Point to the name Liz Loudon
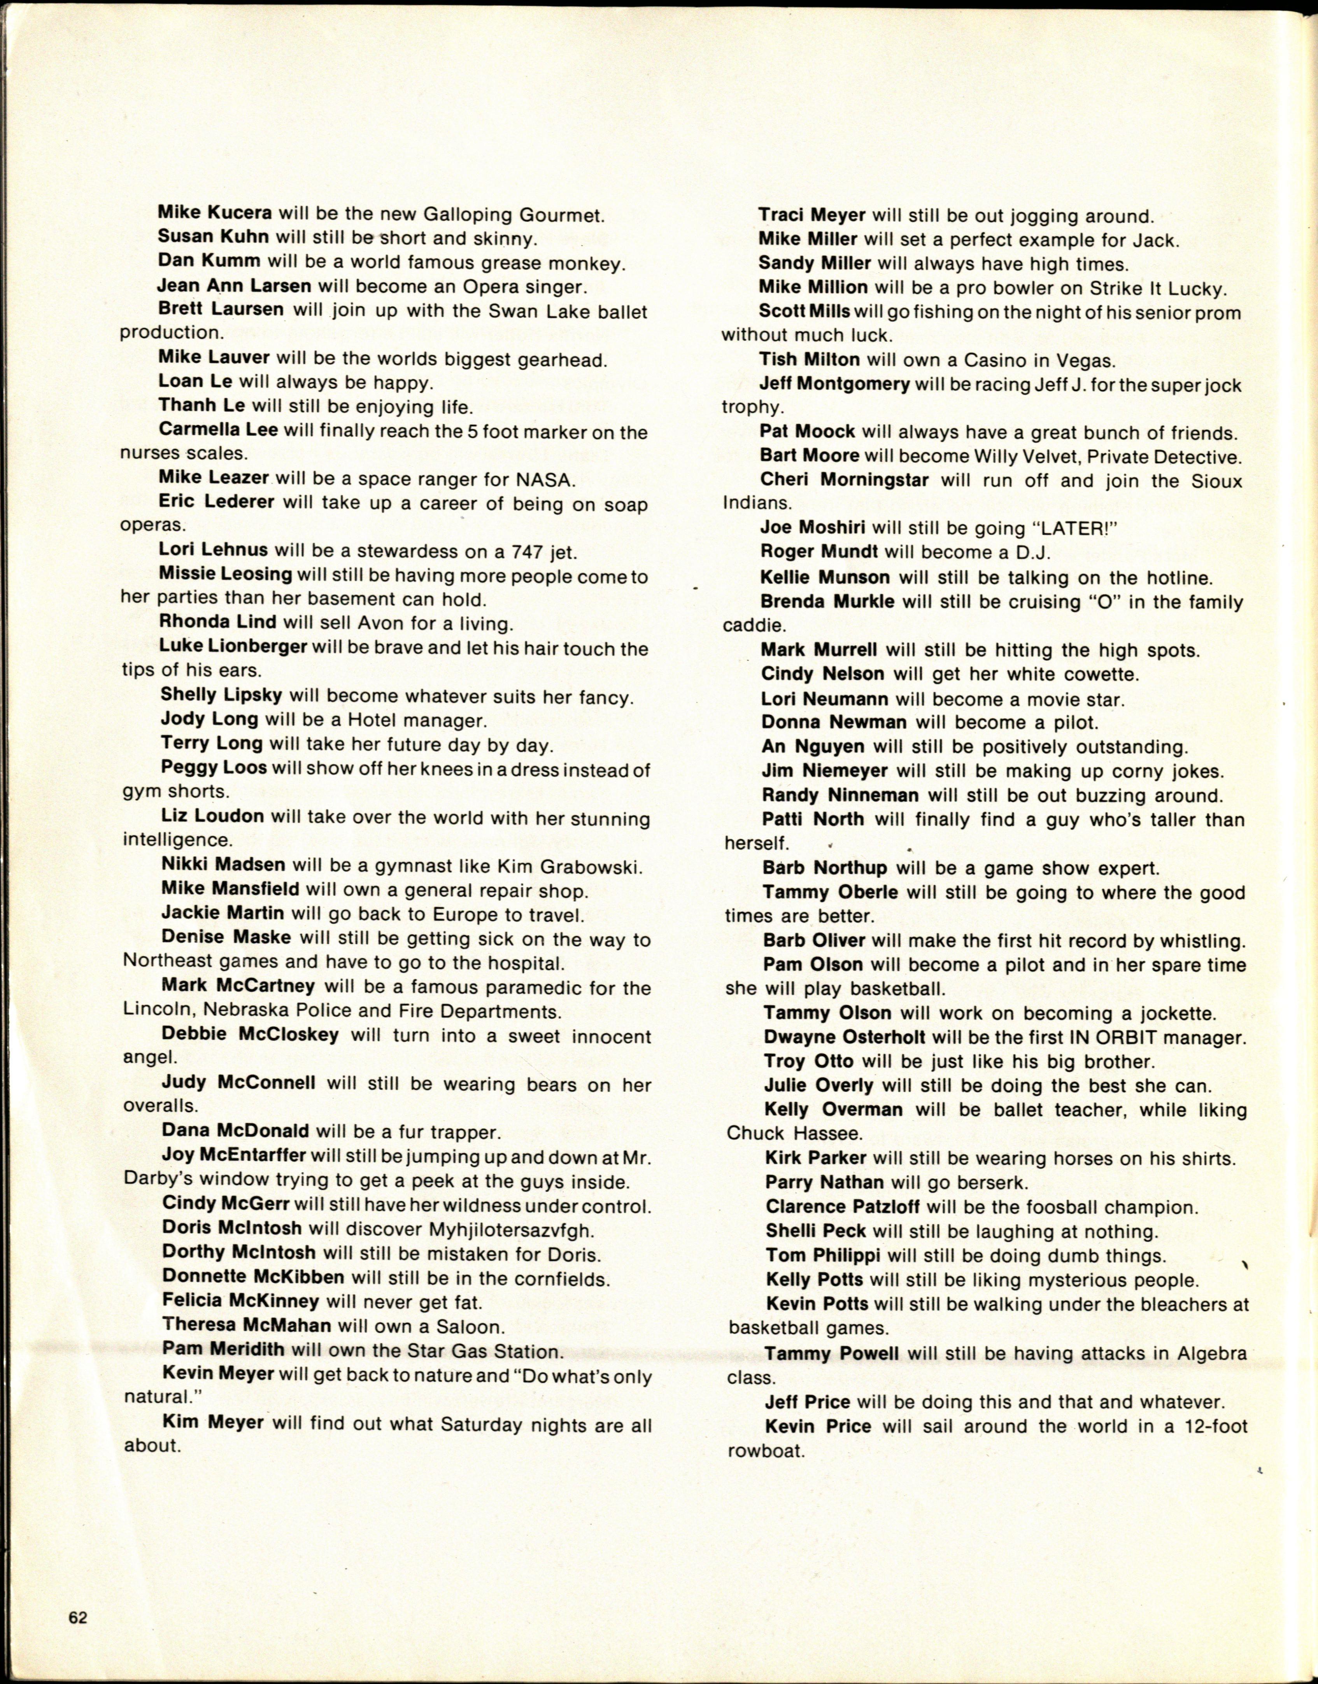point(212,816)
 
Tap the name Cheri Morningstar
point(844,480)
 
